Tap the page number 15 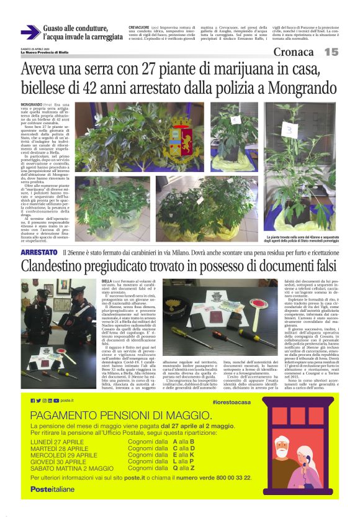pos(331,52)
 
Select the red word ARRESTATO pos(39,253)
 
